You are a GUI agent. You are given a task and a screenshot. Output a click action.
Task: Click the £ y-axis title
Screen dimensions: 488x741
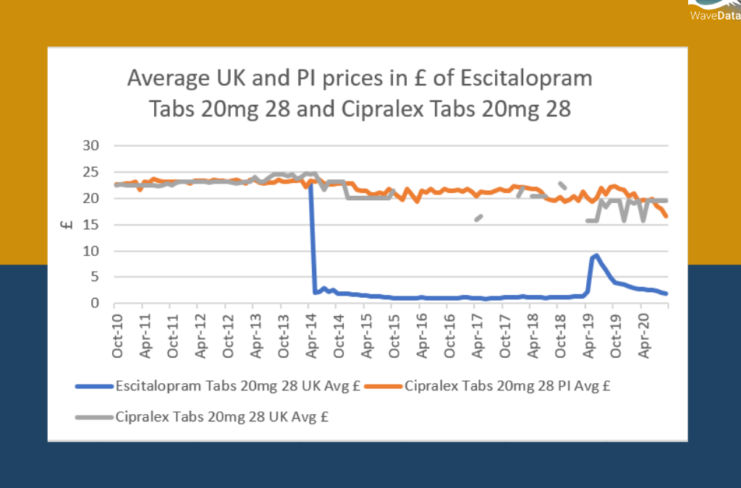click(x=67, y=224)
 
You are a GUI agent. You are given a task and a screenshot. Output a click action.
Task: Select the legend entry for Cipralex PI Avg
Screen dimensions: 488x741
click(x=507, y=386)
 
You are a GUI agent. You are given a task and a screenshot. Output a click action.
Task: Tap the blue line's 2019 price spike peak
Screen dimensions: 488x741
click(x=596, y=255)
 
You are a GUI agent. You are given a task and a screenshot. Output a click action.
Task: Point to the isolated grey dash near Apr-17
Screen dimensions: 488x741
click(x=478, y=218)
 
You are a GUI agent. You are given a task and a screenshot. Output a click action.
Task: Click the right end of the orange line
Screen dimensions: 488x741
click(x=666, y=216)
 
